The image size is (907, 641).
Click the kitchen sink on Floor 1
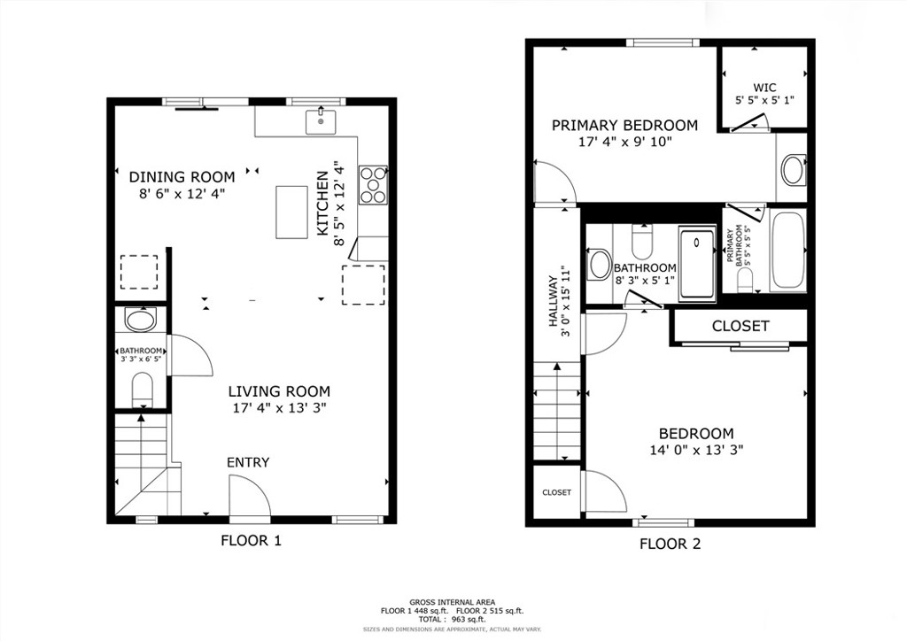pyautogui.click(x=321, y=121)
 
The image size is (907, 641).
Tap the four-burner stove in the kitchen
pyautogui.click(x=373, y=185)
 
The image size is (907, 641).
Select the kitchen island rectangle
pyautogui.click(x=291, y=212)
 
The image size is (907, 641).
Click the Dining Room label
pyautogui.click(x=182, y=177)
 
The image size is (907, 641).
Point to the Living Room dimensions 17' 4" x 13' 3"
pyautogui.click(x=279, y=408)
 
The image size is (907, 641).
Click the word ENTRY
pyautogui.click(x=248, y=462)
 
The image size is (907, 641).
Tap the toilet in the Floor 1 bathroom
pyautogui.click(x=142, y=389)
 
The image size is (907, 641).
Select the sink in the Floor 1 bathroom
pyautogui.click(x=141, y=320)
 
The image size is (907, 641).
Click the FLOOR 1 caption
pyautogui.click(x=251, y=541)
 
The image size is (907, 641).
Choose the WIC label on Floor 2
pyautogui.click(x=764, y=88)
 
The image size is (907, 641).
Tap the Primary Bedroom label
pyautogui.click(x=624, y=126)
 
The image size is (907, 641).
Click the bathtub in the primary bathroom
pyautogui.click(x=787, y=251)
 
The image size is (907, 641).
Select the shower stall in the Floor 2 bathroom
pyautogui.click(x=697, y=263)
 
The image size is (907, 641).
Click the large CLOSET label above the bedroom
pyautogui.click(x=740, y=326)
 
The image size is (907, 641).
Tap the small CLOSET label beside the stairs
pyautogui.click(x=556, y=492)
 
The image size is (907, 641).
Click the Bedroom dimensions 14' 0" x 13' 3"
pyautogui.click(x=696, y=450)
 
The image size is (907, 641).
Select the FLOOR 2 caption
pyautogui.click(x=670, y=544)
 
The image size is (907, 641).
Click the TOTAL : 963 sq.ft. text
pyautogui.click(x=453, y=619)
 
